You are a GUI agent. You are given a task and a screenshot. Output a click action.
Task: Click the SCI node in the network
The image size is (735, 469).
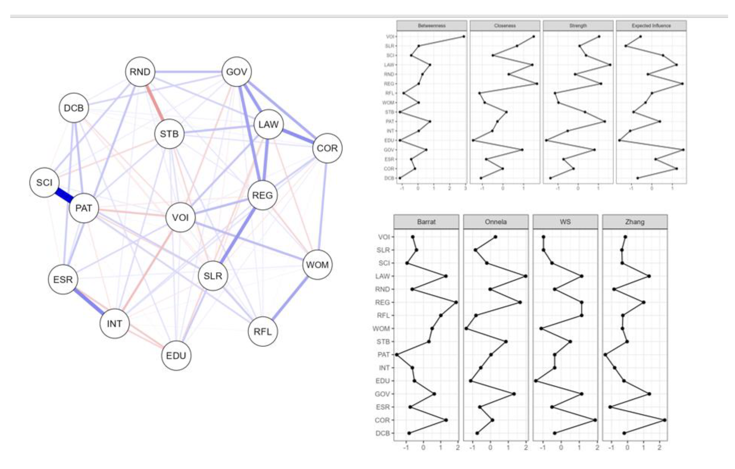(x=44, y=182)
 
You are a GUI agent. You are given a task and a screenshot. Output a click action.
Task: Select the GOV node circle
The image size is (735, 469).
(x=237, y=72)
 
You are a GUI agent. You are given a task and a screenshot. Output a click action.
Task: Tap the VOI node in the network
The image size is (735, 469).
(x=180, y=217)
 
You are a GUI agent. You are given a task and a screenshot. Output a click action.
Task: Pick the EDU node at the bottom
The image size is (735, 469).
(x=176, y=356)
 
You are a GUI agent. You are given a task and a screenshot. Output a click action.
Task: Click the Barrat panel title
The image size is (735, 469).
(x=426, y=222)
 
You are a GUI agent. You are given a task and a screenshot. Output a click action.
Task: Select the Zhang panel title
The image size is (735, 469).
(x=635, y=222)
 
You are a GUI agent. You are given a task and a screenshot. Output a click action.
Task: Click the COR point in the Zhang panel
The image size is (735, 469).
(x=664, y=420)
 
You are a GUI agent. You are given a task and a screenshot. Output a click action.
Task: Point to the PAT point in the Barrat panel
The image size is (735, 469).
(x=397, y=355)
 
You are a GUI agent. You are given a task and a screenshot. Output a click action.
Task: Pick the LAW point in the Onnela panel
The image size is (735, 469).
(x=525, y=276)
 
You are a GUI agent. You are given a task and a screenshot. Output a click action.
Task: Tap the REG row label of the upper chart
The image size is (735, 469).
(x=389, y=84)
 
